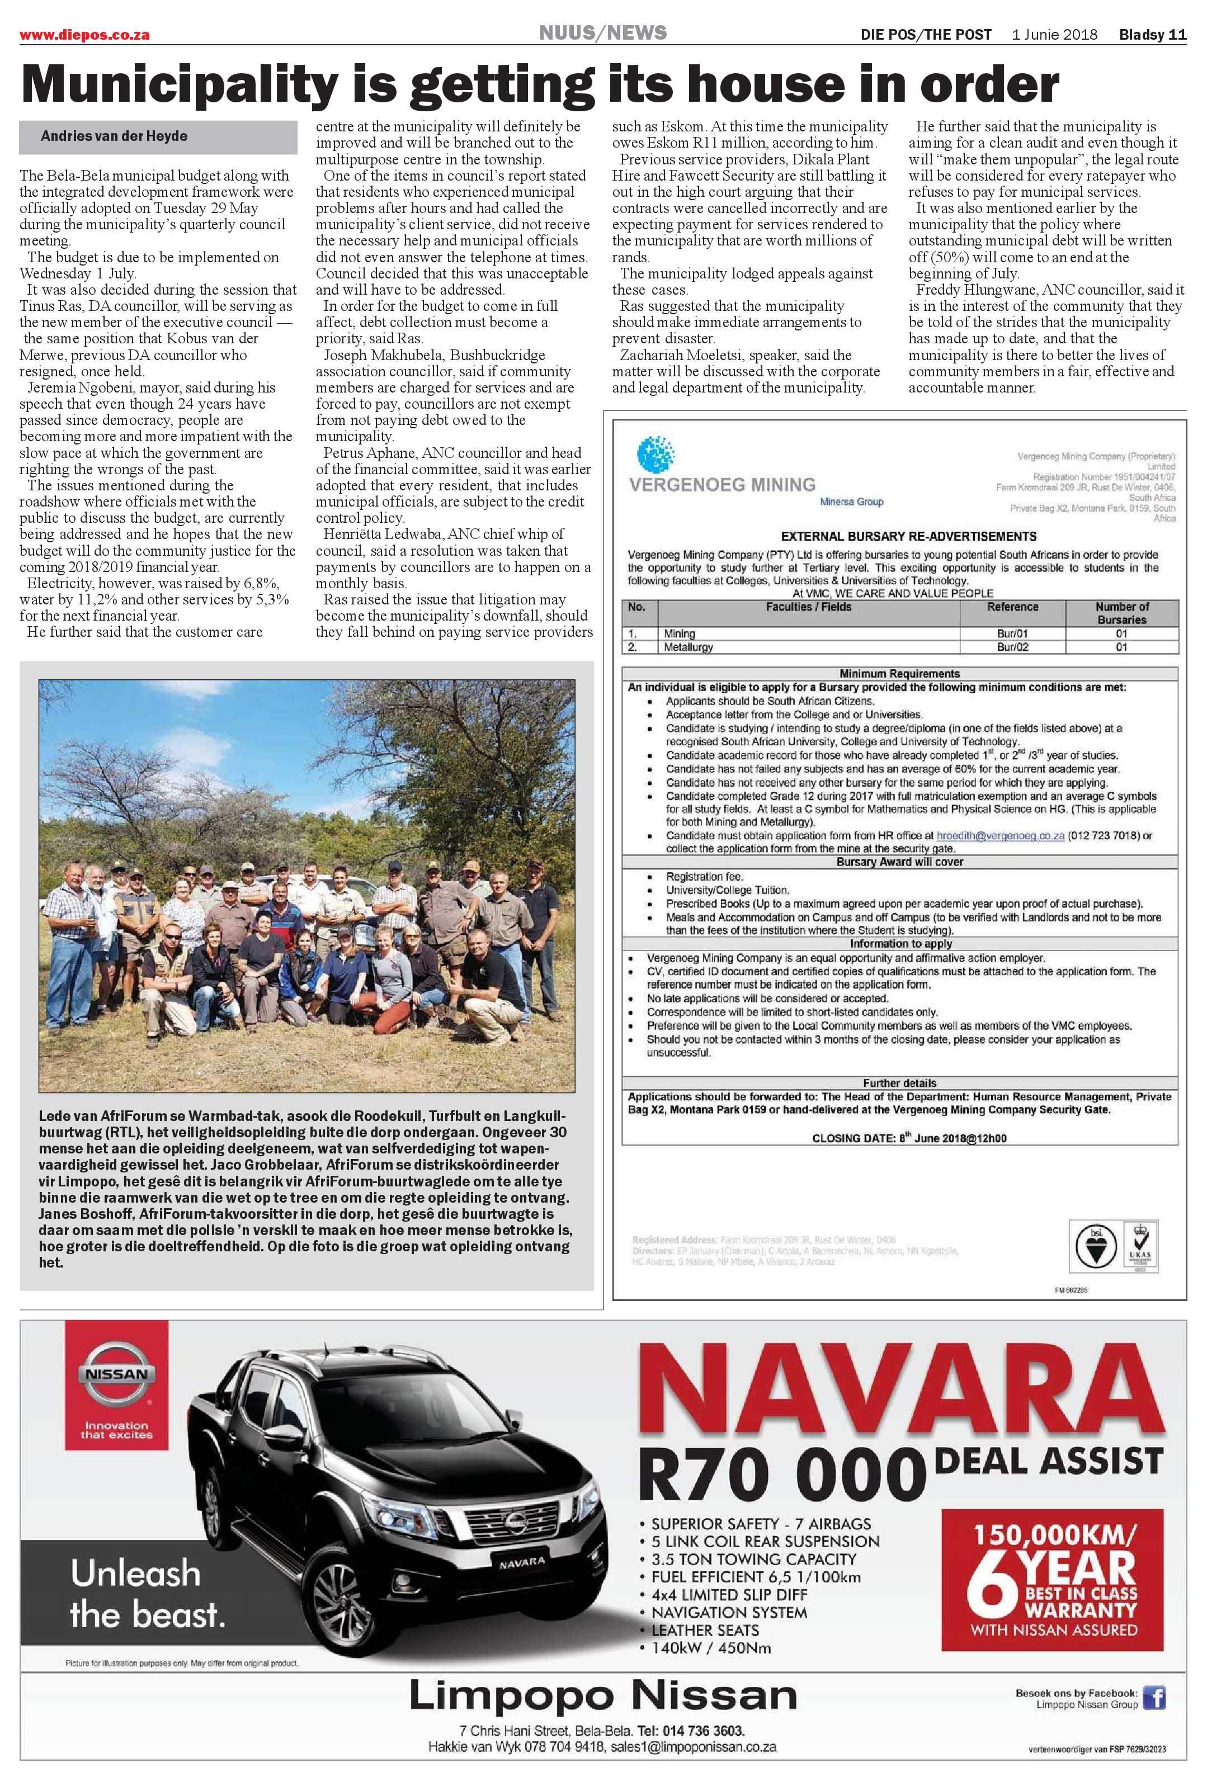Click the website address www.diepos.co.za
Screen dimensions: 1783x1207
tap(84, 35)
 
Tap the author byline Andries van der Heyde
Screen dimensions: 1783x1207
tap(114, 136)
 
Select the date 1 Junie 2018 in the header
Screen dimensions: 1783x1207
tap(1054, 35)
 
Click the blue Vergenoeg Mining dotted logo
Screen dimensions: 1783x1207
tap(656, 453)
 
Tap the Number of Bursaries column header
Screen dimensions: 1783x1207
tap(1121, 613)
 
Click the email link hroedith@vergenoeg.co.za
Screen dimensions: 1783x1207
tap(1000, 835)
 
